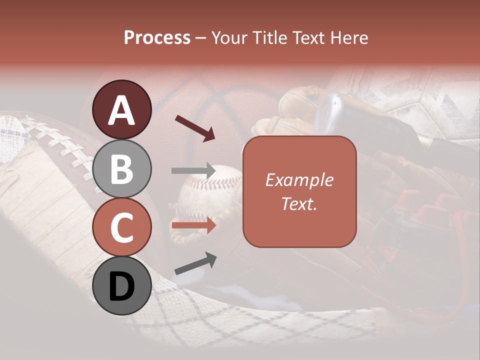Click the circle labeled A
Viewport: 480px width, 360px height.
122,109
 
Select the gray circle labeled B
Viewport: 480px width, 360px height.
122,168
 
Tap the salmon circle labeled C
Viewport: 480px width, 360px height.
122,227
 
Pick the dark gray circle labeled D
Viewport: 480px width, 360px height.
122,285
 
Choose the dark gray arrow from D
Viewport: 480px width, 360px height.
195,263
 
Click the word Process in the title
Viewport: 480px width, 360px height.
157,37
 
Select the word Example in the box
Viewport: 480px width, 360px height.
299,180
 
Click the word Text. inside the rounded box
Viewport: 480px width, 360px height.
299,203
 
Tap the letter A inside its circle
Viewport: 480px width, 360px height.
122,110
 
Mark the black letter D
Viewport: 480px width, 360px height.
122,286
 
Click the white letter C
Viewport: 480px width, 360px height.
122,227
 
